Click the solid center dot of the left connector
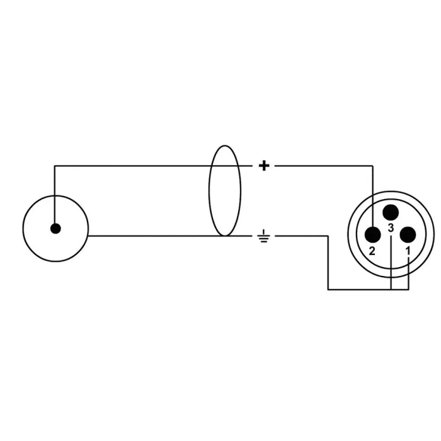pyautogui.click(x=55, y=229)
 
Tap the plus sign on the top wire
pyautogui.click(x=264, y=166)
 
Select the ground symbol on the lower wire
pyautogui.click(x=263, y=236)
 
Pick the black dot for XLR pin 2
pyautogui.click(x=373, y=234)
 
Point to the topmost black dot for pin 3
pyautogui.click(x=391, y=212)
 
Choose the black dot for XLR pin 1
pyautogui.click(x=408, y=234)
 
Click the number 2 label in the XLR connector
pyautogui.click(x=372, y=251)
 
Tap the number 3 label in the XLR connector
pyautogui.click(x=391, y=228)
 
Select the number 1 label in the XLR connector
pyautogui.click(x=408, y=250)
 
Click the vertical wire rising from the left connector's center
pyautogui.click(x=55, y=197)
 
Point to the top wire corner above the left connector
pyautogui.click(x=55, y=166)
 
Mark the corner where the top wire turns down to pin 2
pyautogui.click(x=373, y=166)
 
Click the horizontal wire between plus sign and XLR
pyautogui.click(x=324, y=166)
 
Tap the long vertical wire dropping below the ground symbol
pyautogui.click(x=328, y=263)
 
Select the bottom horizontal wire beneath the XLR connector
pyautogui.click(x=368, y=289)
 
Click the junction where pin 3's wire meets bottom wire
pyautogui.click(x=391, y=289)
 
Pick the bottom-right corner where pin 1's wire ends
pyautogui.click(x=408, y=289)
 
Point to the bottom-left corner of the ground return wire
pyautogui.click(x=328, y=289)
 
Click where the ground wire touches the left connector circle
pyautogui.click(x=88, y=236)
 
